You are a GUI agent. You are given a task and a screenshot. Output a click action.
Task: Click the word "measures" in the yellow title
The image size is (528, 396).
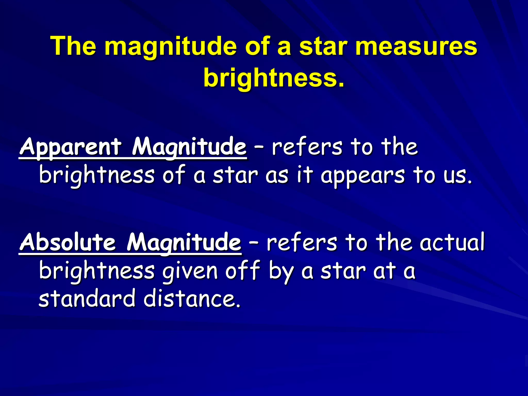[x=416, y=46]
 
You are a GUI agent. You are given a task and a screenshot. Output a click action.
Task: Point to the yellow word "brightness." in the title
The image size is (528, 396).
[x=274, y=78]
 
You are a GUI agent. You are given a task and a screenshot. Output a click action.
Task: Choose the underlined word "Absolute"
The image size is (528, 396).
[x=68, y=242]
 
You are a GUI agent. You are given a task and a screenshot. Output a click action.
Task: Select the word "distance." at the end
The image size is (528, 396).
[x=192, y=299]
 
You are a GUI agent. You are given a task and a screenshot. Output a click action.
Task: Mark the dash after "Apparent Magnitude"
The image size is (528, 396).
[x=259, y=148]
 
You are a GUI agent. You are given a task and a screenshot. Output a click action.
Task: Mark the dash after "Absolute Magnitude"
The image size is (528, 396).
[x=254, y=243]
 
